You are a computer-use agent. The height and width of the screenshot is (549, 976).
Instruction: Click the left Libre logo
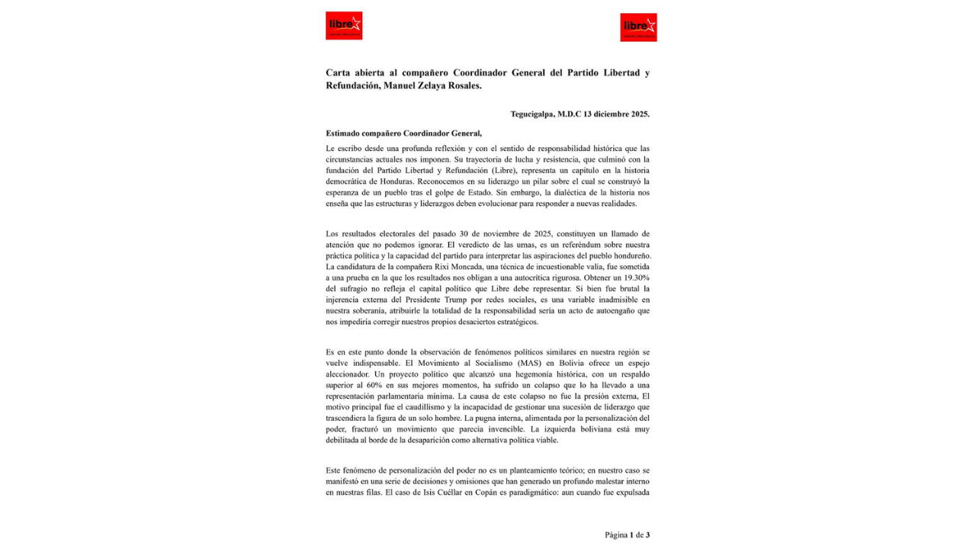tap(344, 25)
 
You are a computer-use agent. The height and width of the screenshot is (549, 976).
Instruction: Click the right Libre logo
tap(638, 27)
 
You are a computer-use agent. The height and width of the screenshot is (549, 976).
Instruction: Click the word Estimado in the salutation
tap(347, 133)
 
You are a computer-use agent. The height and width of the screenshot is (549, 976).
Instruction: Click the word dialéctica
tap(556, 193)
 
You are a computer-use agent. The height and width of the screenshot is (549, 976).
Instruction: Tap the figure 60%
tap(389, 385)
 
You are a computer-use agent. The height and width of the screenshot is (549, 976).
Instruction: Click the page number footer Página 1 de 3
tap(627, 535)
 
